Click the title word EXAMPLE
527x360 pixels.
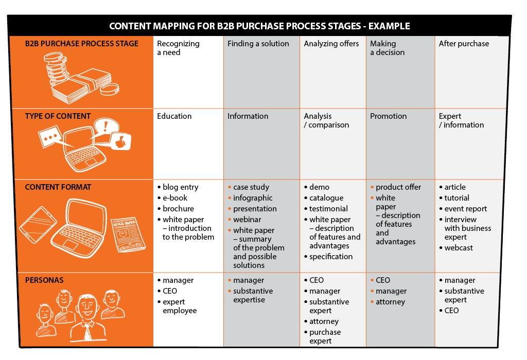(x=389, y=26)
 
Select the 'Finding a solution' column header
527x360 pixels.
(x=258, y=44)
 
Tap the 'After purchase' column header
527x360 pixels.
(x=464, y=44)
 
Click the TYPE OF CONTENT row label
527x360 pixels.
(x=58, y=116)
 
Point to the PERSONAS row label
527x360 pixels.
(x=44, y=280)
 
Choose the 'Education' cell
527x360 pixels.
(x=174, y=116)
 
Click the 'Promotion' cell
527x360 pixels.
(x=388, y=116)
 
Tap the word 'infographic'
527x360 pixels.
(x=253, y=198)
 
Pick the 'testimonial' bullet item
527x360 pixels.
(x=326, y=209)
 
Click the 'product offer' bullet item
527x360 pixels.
(x=396, y=187)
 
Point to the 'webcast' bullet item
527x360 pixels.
(x=456, y=248)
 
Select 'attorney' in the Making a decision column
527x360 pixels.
(x=388, y=302)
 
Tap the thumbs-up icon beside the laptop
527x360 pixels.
(x=121, y=141)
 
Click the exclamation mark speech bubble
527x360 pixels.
(x=106, y=127)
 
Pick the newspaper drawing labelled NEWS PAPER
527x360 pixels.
(x=128, y=235)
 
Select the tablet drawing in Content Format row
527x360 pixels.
(x=38, y=224)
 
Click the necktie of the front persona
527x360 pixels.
(x=87, y=331)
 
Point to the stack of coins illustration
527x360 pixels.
(x=57, y=70)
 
